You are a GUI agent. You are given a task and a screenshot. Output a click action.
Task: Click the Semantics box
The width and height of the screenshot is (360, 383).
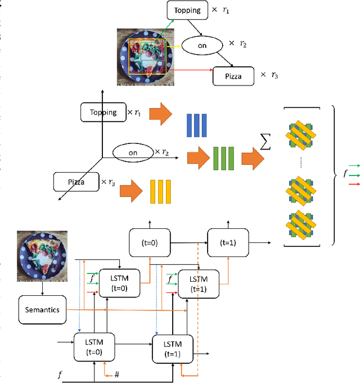[42, 309]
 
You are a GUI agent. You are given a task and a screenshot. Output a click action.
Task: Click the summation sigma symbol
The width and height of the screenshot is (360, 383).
[264, 144]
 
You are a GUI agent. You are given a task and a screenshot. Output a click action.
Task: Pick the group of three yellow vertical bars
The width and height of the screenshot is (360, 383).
[160, 192]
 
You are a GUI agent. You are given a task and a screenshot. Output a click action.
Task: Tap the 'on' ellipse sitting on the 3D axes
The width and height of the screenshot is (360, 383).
[133, 152]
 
